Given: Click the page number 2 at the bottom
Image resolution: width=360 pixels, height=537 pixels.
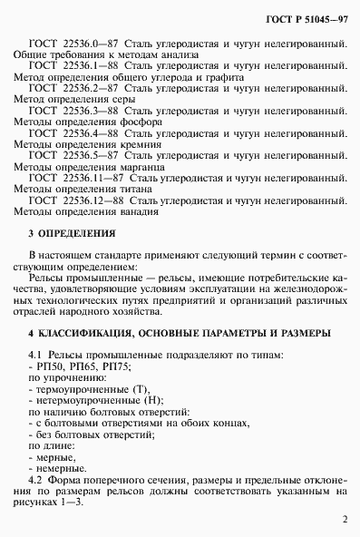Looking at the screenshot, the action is pyautogui.click(x=345, y=520).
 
